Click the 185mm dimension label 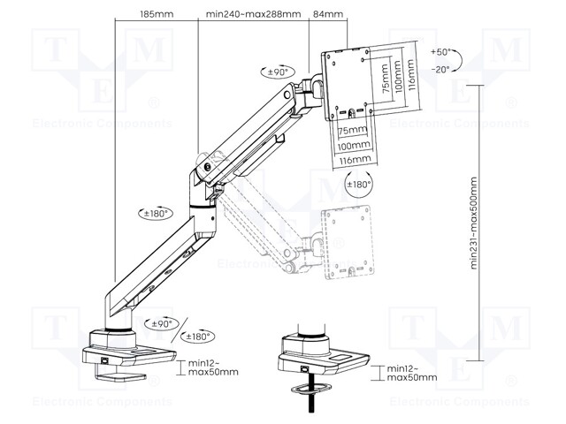[x=156, y=14]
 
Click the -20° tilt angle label [x=440, y=68]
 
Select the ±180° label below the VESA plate [x=360, y=185]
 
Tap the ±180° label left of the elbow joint [x=156, y=213]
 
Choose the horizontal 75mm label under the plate [x=353, y=130]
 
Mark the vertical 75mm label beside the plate [x=385, y=82]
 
